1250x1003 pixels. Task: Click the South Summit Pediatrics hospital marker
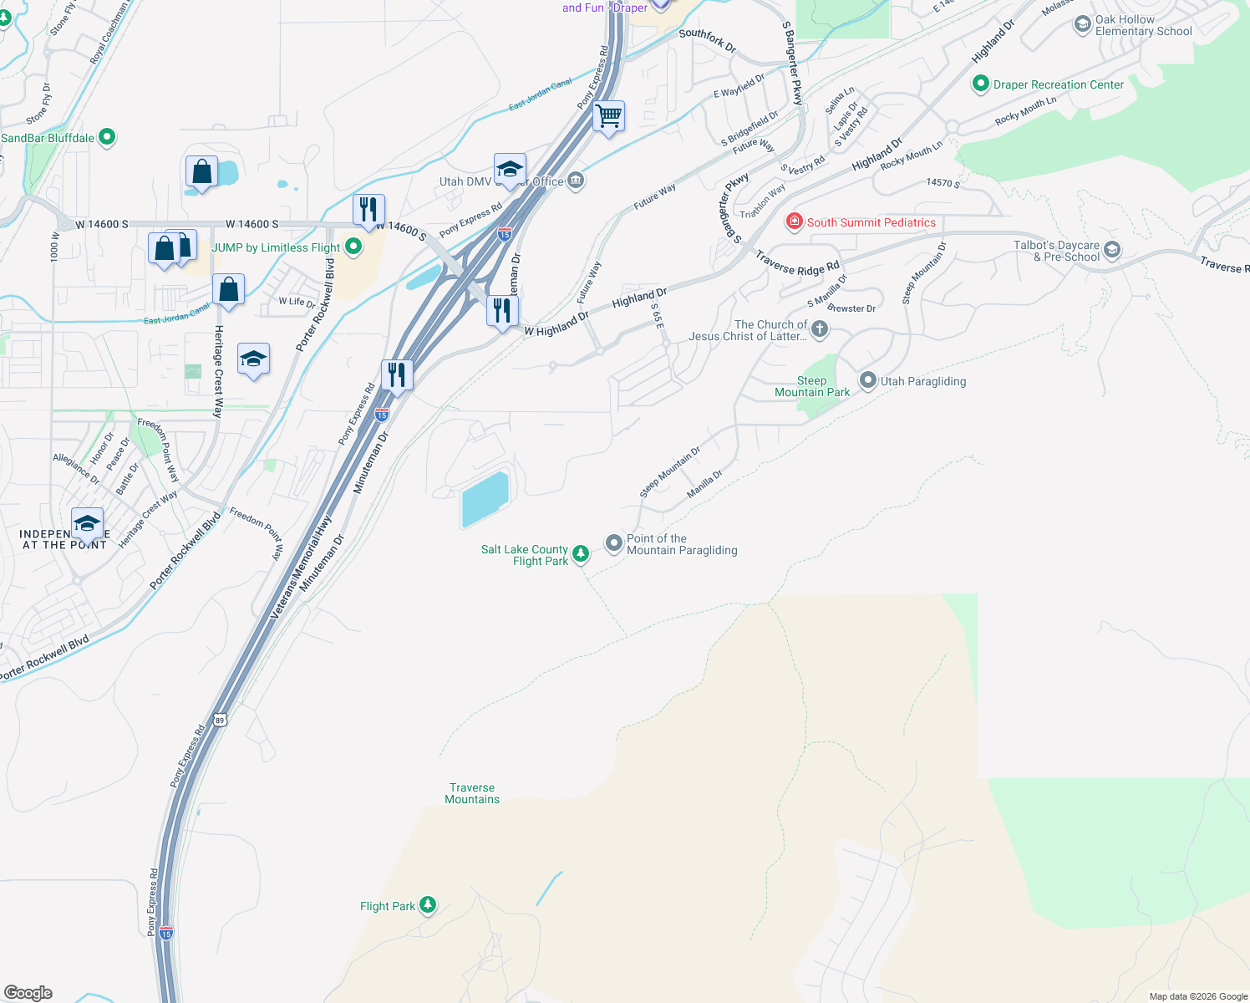pyautogui.click(x=794, y=221)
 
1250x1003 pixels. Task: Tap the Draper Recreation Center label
pyautogui.click(x=1059, y=84)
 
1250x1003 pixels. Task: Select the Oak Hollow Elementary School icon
pyautogui.click(x=1083, y=24)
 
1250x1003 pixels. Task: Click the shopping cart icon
pyautogui.click(x=609, y=115)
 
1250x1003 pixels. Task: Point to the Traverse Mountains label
pyautogui.click(x=472, y=793)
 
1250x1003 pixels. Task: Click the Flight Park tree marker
pyautogui.click(x=428, y=905)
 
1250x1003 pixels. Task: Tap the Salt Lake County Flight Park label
pyautogui.click(x=525, y=555)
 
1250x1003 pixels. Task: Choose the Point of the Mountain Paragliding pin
pyautogui.click(x=614, y=543)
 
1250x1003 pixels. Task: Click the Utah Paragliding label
pyautogui.click(x=923, y=381)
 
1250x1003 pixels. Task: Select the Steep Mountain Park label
pyautogui.click(x=811, y=386)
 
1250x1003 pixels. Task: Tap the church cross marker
pyautogui.click(x=820, y=328)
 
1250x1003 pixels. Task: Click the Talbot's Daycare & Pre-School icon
pyautogui.click(x=1111, y=249)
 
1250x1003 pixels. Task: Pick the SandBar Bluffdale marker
pyautogui.click(x=106, y=137)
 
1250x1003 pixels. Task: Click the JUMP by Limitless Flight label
pyautogui.click(x=276, y=247)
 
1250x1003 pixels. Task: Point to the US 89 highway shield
pyautogui.click(x=219, y=719)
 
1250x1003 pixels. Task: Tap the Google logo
pyautogui.click(x=28, y=992)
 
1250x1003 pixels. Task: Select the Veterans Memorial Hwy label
pyautogui.click(x=300, y=567)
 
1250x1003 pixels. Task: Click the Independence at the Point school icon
pyautogui.click(x=87, y=524)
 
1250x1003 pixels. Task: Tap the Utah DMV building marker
pyautogui.click(x=575, y=181)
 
